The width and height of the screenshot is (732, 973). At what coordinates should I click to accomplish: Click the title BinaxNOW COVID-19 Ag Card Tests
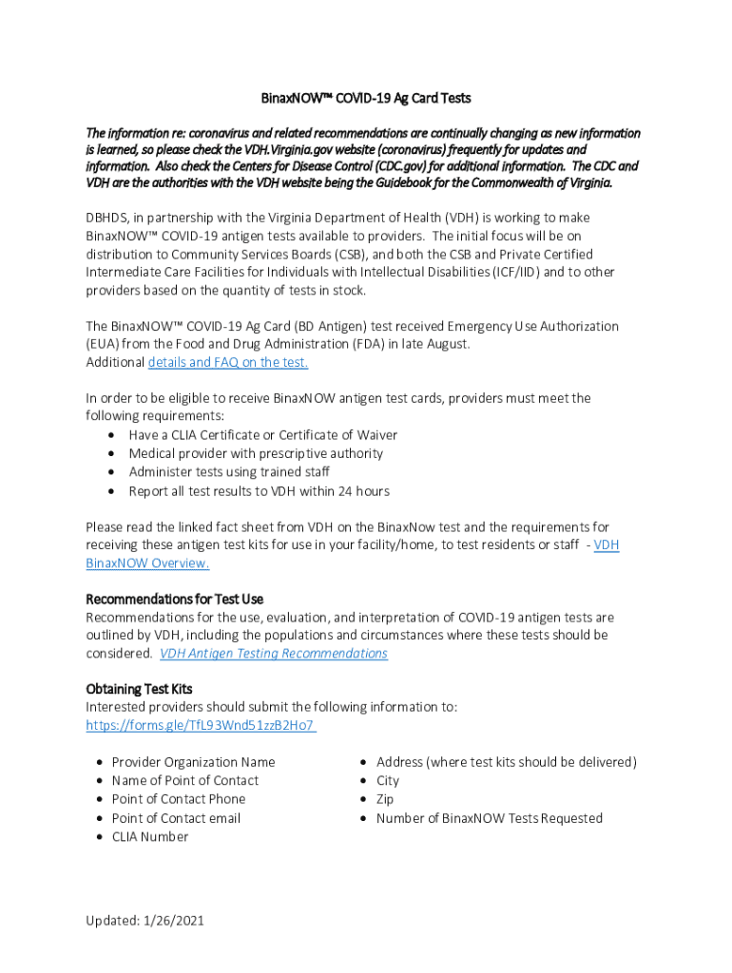[x=366, y=98]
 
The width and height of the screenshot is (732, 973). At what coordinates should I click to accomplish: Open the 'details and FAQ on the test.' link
[x=228, y=362]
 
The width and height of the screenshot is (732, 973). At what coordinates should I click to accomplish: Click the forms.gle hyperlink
[x=200, y=725]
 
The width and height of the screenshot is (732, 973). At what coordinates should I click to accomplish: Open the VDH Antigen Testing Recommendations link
[x=274, y=653]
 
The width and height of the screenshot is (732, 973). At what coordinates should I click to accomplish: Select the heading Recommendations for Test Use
[x=174, y=599]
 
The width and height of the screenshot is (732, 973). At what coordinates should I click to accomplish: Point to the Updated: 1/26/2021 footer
[x=144, y=920]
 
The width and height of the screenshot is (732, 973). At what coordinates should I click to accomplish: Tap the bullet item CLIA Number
[x=150, y=836]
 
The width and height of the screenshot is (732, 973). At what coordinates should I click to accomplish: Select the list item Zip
[x=385, y=799]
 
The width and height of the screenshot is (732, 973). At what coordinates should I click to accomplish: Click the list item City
[x=388, y=780]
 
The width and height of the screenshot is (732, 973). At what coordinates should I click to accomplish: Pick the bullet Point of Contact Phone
[x=179, y=799]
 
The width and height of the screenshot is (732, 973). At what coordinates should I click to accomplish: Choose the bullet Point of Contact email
[x=176, y=818]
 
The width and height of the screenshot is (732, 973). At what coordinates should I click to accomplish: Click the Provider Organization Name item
[x=193, y=762]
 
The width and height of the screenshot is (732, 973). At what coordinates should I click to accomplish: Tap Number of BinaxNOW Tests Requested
[x=490, y=818]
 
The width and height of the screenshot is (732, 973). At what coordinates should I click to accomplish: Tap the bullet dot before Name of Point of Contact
[x=101, y=781]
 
